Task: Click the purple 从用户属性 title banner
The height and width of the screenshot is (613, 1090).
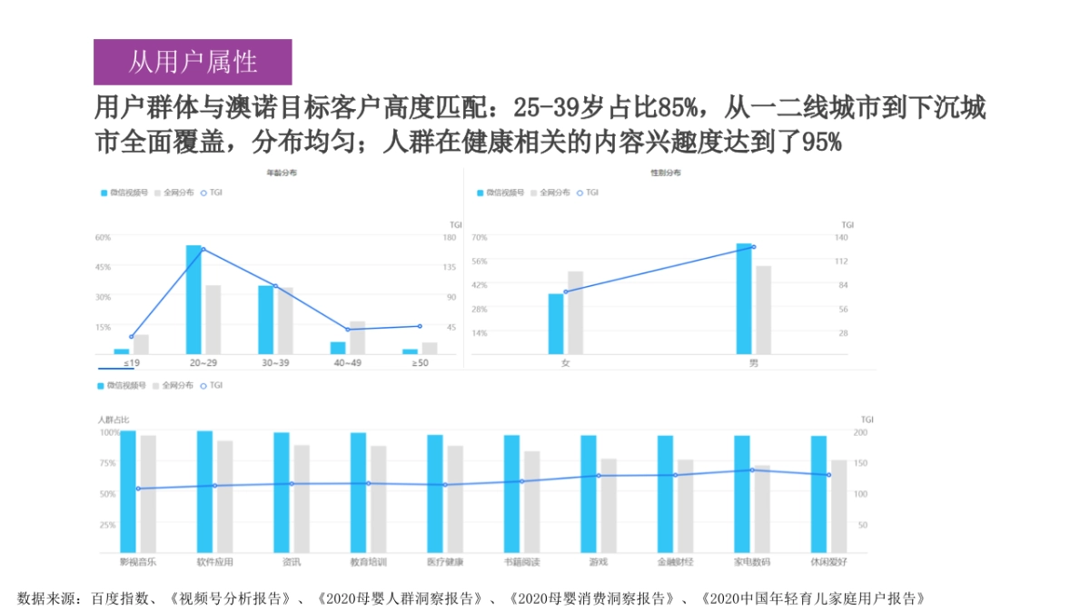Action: coord(193,62)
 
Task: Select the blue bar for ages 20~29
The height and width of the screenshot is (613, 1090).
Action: coord(193,300)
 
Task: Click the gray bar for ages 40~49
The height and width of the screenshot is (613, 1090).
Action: coord(357,338)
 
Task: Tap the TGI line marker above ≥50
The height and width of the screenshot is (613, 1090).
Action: coord(420,326)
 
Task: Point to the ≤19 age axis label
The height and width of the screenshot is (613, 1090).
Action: coord(132,363)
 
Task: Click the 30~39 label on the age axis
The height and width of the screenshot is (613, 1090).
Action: coord(275,363)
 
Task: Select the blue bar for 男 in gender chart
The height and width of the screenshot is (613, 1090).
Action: coord(744,299)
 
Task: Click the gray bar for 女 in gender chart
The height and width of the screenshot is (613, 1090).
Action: coord(575,312)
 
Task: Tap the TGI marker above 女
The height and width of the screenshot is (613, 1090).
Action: coord(565,292)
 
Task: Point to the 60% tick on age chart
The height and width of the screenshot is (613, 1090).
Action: coord(103,237)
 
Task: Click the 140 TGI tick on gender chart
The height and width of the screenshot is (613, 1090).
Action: coord(841,237)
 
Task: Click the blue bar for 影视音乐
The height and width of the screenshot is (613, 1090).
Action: coord(128,491)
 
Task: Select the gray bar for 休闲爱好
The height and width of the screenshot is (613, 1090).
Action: coord(838,506)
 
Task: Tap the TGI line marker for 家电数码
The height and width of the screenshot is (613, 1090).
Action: coord(752,470)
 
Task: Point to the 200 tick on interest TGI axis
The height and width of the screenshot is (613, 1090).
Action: coord(861,433)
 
